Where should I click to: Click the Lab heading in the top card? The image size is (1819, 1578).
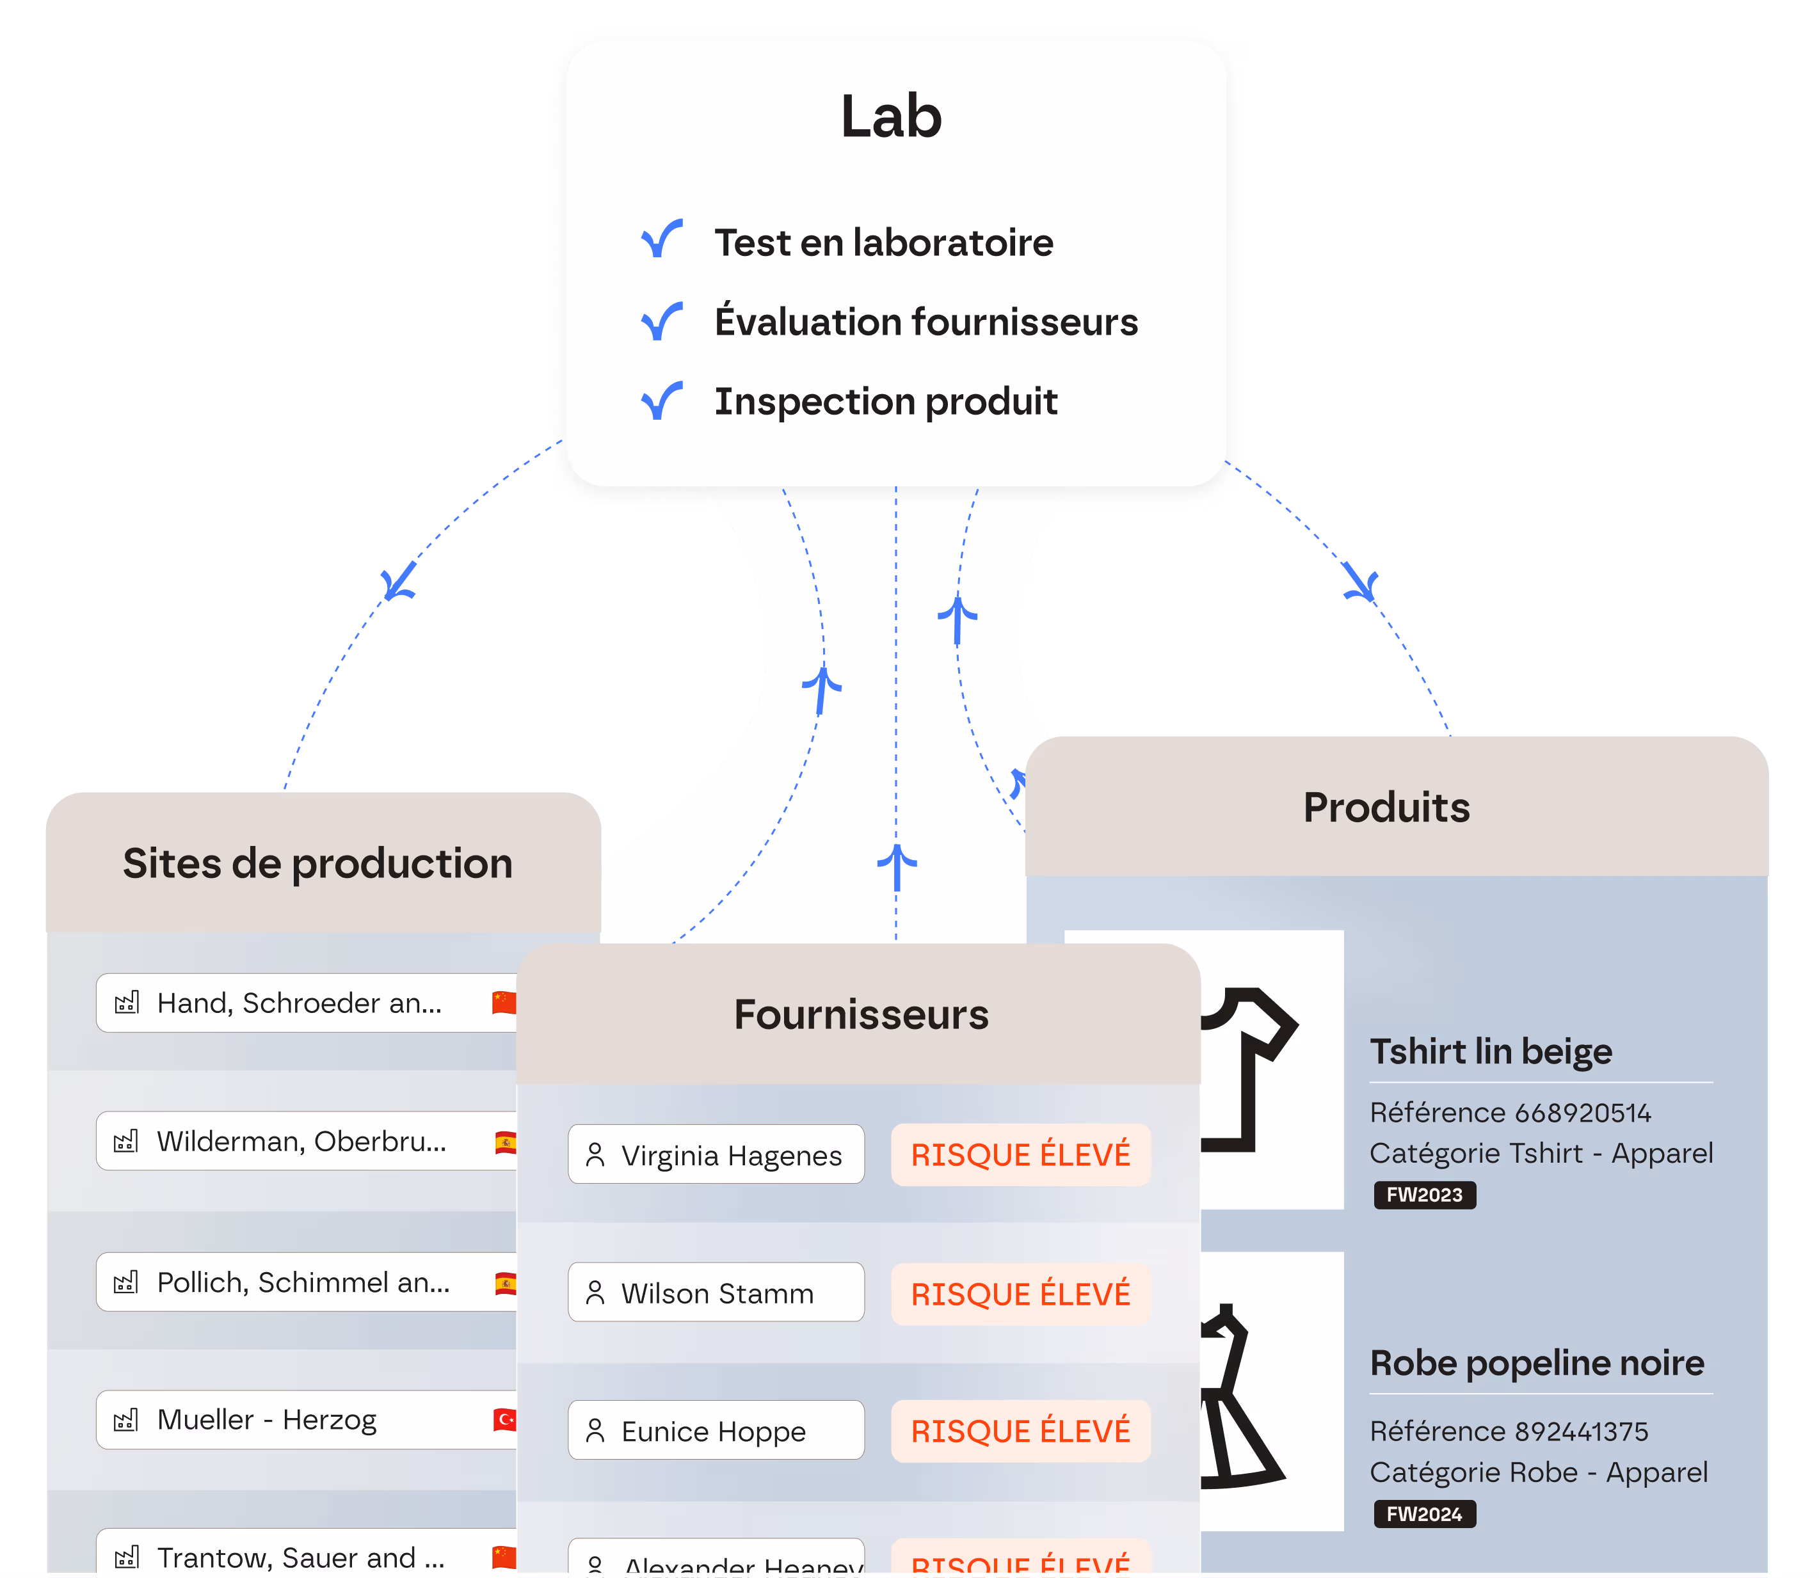point(892,117)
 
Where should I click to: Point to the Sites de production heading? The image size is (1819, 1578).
point(317,864)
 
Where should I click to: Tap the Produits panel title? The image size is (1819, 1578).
point(1386,808)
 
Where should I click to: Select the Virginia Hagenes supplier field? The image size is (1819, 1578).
point(716,1155)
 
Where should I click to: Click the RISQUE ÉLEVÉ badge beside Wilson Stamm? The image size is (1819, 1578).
point(1020,1295)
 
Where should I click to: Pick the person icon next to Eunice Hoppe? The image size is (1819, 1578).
point(595,1431)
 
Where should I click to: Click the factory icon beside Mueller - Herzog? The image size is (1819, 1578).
point(127,1419)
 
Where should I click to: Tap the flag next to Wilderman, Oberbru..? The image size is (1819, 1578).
point(506,1143)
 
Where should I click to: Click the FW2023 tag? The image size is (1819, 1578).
point(1424,1195)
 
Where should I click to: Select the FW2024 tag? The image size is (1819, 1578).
point(1424,1514)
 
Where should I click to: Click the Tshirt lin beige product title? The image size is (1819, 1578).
point(1491,1052)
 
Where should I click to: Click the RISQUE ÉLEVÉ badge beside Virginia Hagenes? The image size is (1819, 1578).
point(1020,1155)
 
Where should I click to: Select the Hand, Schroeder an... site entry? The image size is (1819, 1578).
point(300,1003)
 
